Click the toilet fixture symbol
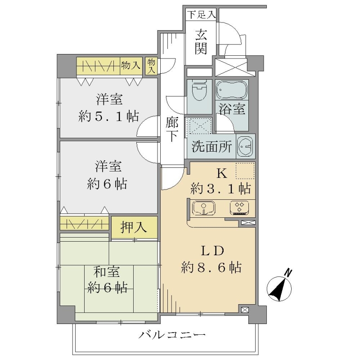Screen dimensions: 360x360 [199, 90]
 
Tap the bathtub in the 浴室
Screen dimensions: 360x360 [231, 90]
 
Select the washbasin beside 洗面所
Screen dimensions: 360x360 [245, 146]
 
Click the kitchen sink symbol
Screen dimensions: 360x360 [204, 208]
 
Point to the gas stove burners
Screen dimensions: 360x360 [239, 208]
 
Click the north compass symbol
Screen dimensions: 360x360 [279, 286]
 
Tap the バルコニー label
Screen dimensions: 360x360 [172, 335]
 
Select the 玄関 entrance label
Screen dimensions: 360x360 [201, 42]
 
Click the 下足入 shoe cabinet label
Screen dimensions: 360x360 [201, 15]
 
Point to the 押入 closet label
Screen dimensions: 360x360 [133, 228]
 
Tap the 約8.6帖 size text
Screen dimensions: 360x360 [211, 267]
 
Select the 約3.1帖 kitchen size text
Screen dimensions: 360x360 [220, 189]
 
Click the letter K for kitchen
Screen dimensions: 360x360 [222, 173]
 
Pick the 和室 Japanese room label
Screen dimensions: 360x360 [107, 272]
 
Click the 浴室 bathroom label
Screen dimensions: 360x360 [232, 109]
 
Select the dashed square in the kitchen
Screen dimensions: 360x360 [245, 171]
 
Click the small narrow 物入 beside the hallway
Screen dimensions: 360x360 [151, 66]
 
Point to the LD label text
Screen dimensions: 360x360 [212, 251]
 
